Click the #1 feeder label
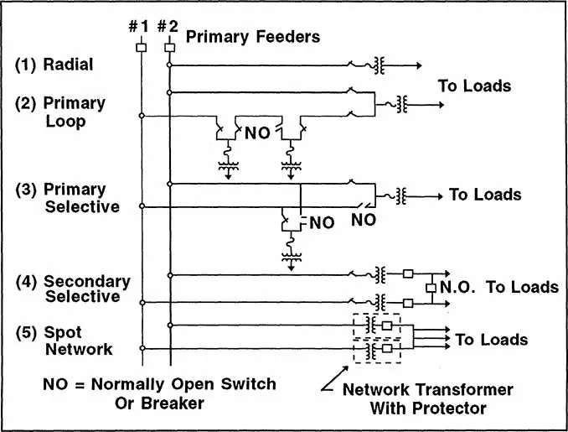pyautogui.click(x=139, y=27)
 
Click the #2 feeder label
pyautogui.click(x=168, y=27)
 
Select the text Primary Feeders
pyautogui.click(x=252, y=37)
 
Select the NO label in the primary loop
pyautogui.click(x=256, y=132)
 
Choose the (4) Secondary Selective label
pyautogui.click(x=75, y=289)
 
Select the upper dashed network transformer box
pyautogui.click(x=377, y=325)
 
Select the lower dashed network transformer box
pyautogui.click(x=377, y=348)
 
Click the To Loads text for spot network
pyautogui.click(x=492, y=340)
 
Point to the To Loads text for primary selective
pyautogui.click(x=485, y=195)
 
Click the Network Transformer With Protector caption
pyautogui.click(x=427, y=399)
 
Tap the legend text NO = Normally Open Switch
pyautogui.click(x=159, y=384)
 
